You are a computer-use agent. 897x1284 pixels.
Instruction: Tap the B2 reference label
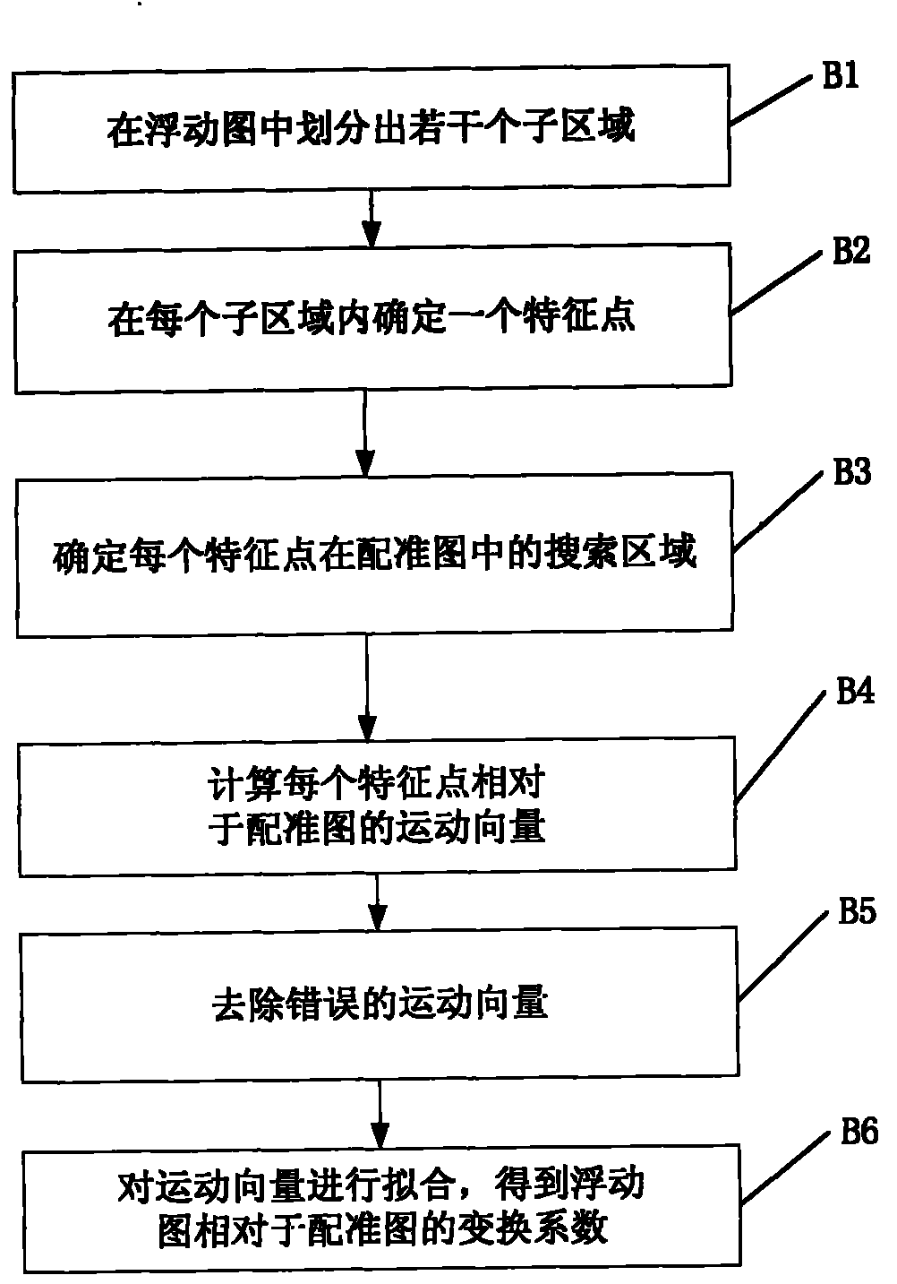850,252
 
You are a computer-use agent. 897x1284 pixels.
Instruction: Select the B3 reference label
851,472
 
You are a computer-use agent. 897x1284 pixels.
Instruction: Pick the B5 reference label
857,912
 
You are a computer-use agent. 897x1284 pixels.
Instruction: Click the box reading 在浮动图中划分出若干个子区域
372,127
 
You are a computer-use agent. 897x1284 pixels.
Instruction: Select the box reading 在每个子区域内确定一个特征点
372,321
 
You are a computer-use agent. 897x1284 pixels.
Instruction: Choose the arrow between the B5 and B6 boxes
380,1115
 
